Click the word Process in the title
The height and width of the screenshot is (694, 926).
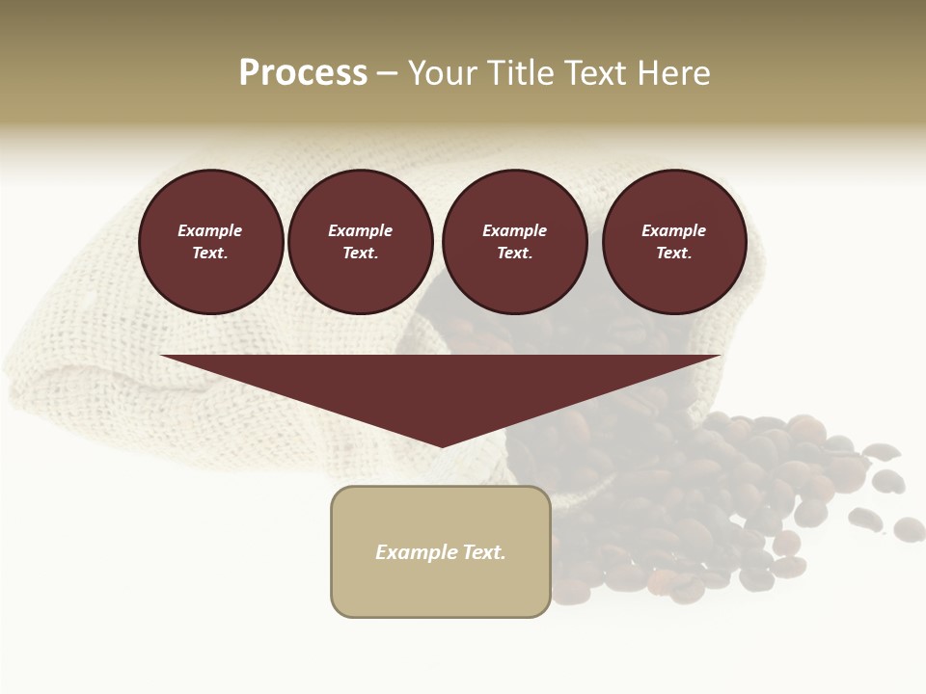tap(303, 73)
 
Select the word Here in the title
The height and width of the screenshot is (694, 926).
tap(674, 73)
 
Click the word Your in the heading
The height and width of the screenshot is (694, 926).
tap(444, 73)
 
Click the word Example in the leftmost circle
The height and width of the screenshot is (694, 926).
tap(210, 230)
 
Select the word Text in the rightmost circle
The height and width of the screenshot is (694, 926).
tap(673, 254)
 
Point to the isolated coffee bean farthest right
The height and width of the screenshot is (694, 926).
tap(909, 528)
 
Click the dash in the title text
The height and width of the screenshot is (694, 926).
tap(388, 73)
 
